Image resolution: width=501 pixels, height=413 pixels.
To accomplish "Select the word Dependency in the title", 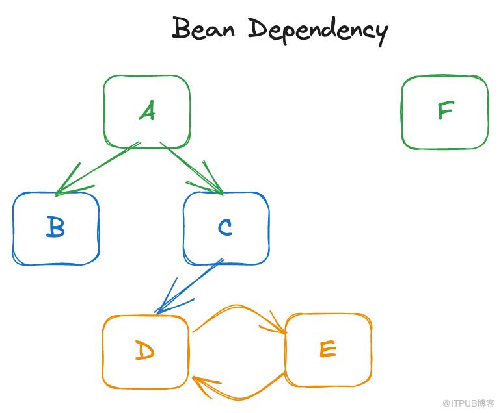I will click(x=318, y=30).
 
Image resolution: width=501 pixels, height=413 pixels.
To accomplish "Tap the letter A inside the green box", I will click(x=148, y=112).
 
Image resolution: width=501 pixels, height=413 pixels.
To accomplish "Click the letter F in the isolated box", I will click(x=445, y=111).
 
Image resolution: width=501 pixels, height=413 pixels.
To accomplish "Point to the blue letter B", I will click(x=56, y=228).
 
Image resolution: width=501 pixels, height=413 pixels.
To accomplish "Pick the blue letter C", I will click(x=225, y=227).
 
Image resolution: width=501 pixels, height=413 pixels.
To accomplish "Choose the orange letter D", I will click(x=144, y=351).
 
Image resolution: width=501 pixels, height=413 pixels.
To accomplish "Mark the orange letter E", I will click(x=328, y=349).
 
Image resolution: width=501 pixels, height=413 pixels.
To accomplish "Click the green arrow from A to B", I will click(x=98, y=168).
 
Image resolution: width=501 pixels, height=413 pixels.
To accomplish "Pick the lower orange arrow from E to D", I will click(x=241, y=394).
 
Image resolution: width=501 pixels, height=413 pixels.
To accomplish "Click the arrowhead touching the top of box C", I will click(x=215, y=185).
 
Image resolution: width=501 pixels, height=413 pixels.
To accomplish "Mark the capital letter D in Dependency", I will click(x=259, y=29).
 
